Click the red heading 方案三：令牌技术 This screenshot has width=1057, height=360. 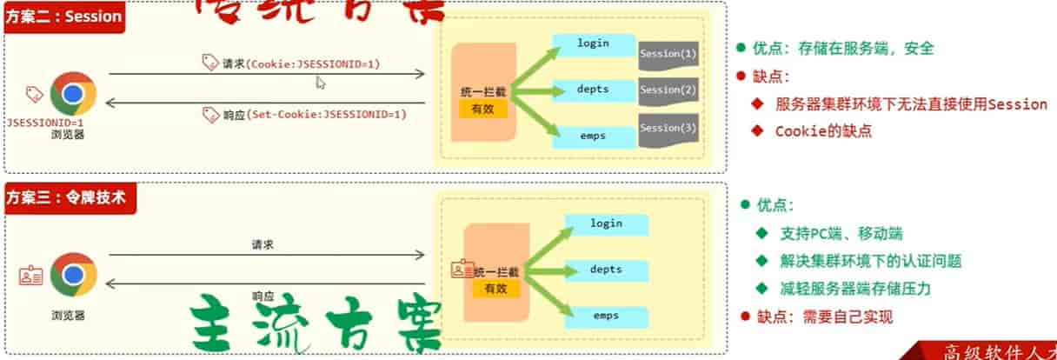[x=67, y=197]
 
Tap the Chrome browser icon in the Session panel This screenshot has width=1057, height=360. [x=73, y=95]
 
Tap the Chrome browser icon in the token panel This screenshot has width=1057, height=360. [x=73, y=276]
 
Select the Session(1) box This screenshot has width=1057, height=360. [x=668, y=55]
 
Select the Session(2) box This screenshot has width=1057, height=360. [x=668, y=90]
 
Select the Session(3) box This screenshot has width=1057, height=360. [x=668, y=129]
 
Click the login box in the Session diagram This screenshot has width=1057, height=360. [x=595, y=43]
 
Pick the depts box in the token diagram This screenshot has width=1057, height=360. [x=606, y=270]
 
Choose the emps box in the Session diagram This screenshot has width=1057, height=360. [x=595, y=135]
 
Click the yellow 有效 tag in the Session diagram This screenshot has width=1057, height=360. [x=482, y=109]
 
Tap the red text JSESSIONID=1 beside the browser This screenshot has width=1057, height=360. [x=45, y=123]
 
